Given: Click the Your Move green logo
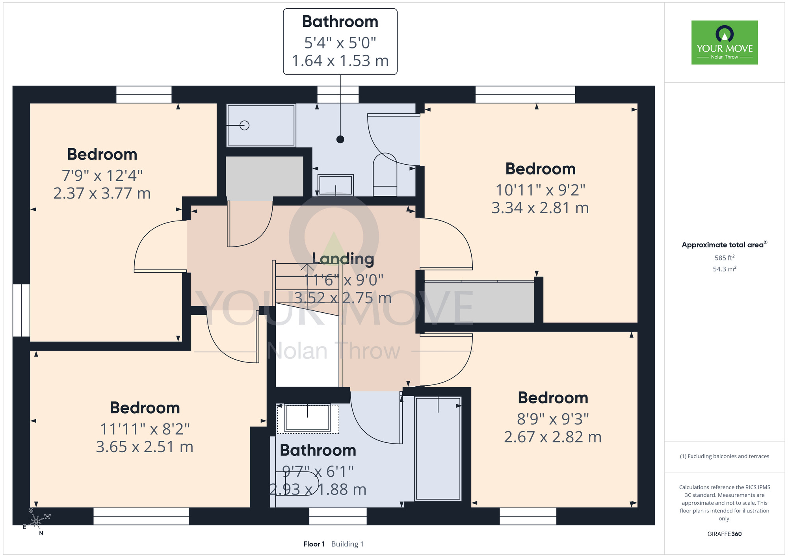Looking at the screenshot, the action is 725,43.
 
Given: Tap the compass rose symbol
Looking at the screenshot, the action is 36,522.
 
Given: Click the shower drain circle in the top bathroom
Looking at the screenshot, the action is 245,125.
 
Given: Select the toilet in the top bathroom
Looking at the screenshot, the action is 385,175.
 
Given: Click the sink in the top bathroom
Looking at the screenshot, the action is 336,185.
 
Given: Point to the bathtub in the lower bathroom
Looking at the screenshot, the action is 438,448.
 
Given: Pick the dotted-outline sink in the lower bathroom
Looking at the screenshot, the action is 308,418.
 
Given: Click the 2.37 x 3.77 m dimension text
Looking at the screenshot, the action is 102,193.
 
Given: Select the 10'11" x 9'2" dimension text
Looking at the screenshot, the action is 540,190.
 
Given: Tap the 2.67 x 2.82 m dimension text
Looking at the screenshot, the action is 553,437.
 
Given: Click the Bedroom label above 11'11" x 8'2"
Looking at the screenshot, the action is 145,408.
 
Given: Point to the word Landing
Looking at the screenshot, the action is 343,259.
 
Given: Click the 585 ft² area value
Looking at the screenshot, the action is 725,258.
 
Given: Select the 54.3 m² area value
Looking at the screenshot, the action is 725,269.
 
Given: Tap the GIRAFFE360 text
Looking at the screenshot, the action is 725,534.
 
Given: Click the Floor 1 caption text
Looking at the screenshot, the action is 314,544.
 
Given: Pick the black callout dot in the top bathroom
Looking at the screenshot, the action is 340,139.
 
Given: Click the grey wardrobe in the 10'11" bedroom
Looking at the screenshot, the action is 479,302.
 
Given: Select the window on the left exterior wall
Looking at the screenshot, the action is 21,310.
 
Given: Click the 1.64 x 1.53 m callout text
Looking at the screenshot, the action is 340,61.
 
